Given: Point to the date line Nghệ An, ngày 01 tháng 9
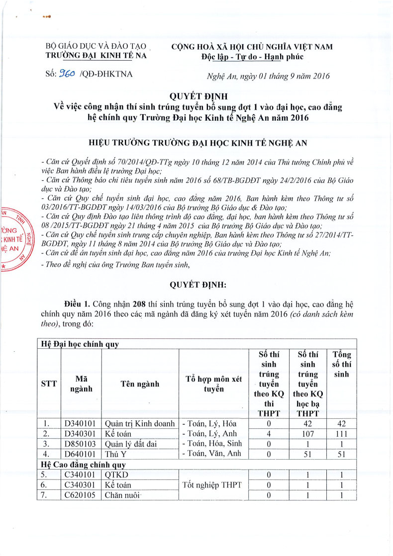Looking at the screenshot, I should [268, 76].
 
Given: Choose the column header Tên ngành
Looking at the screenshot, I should [140, 384].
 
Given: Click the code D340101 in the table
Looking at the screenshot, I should [81, 424].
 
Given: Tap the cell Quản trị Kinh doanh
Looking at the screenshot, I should [140, 424].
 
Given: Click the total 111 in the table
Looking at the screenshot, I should [341, 434].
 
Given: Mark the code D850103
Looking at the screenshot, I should [81, 444].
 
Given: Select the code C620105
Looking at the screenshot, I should [81, 495].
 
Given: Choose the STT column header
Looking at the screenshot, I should [49, 384].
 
